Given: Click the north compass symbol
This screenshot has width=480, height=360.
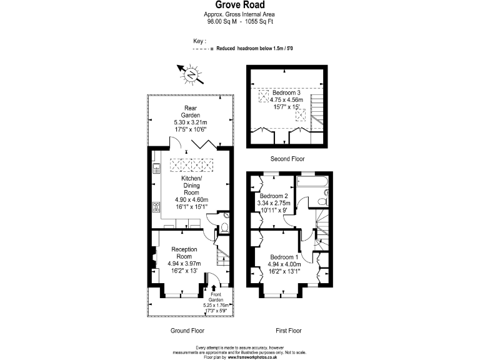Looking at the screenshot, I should tap(191, 75).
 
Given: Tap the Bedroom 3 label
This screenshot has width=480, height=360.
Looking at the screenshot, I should tap(286, 92).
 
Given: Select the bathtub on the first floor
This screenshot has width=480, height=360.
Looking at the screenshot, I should tap(311, 181).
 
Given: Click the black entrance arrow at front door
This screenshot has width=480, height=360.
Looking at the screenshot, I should tap(206, 288).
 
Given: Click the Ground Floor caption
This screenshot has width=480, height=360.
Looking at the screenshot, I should tap(187, 330).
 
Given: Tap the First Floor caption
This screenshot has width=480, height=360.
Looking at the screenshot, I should tap(288, 330).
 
